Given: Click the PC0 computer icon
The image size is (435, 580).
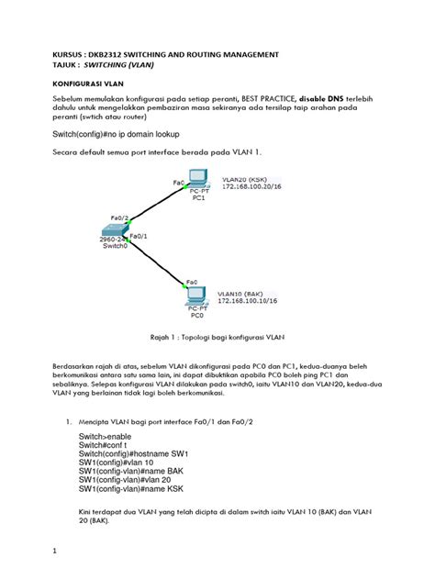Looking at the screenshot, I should point(195,296).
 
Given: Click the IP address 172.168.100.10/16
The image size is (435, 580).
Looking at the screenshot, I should point(247,299).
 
